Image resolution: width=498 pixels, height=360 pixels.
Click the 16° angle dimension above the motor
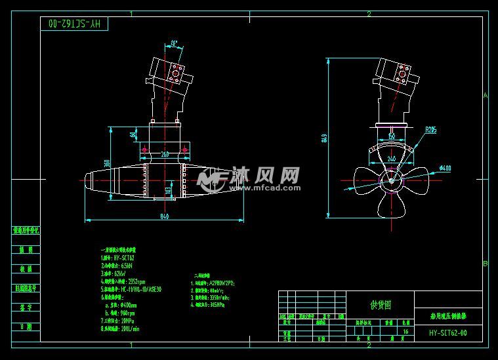174,44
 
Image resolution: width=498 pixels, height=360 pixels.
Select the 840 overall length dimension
164,216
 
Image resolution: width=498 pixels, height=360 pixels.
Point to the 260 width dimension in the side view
164,155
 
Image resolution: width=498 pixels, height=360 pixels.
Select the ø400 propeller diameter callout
445,169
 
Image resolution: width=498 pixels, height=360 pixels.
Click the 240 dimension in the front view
391,159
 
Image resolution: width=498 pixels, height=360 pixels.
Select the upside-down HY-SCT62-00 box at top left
72,24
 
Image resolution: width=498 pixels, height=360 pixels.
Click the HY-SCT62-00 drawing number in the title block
448,332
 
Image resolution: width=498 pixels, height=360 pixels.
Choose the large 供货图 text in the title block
380,304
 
